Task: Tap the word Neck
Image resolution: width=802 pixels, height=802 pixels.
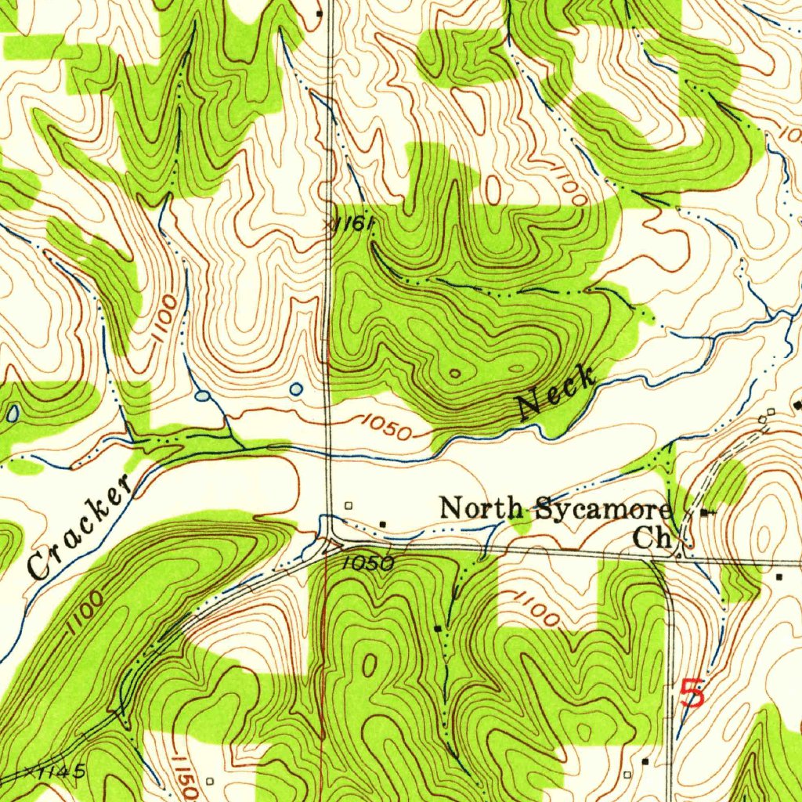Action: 557,392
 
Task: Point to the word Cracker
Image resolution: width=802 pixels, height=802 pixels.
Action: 78,526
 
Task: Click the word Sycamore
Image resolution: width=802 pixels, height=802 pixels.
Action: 603,511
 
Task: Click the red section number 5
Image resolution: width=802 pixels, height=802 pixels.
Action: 692,694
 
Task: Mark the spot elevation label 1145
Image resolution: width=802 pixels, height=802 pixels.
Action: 59,772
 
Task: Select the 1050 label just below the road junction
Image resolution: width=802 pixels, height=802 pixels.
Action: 367,563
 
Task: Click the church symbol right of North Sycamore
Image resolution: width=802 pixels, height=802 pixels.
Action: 707,512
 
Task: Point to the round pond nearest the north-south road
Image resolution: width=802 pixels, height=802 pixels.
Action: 295,388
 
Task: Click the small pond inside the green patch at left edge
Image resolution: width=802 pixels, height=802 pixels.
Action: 14,413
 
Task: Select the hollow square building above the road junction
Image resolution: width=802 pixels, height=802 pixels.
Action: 349,505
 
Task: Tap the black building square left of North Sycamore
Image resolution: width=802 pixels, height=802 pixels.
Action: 382,522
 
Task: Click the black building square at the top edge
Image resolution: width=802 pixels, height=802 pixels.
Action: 319,13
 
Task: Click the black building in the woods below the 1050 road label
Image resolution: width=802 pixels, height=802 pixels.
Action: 438,628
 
